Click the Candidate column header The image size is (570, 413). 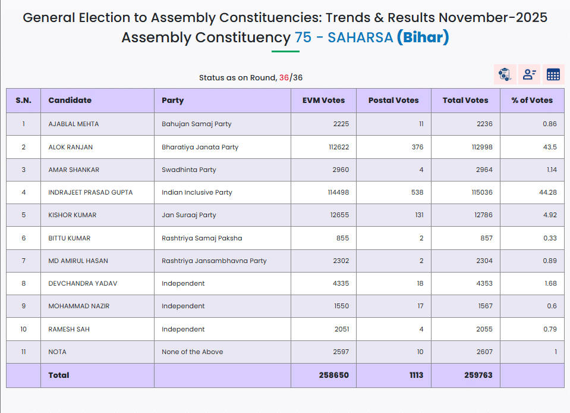70,101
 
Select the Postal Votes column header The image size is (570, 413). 393,101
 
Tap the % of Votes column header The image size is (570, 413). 532,101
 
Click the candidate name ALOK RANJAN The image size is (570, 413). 71,147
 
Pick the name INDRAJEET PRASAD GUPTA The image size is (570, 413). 90,192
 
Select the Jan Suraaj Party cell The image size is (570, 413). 189,215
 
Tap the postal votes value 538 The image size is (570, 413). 417,192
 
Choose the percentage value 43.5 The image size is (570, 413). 550,147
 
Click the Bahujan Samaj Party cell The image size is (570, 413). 197,124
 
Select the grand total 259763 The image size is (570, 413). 478,375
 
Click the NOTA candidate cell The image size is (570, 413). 58,352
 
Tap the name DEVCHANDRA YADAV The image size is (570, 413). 83,283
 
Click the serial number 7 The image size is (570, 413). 24,261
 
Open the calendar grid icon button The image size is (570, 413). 553,74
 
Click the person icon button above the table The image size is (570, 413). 529,74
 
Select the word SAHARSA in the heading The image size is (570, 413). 360,37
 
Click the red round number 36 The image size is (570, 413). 284,77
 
